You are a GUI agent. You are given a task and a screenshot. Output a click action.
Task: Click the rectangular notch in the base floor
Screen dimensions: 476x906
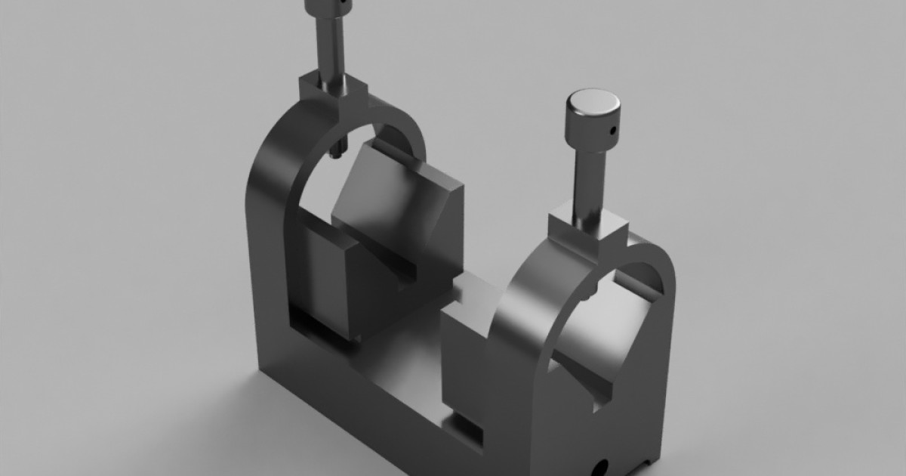point(468,427)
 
